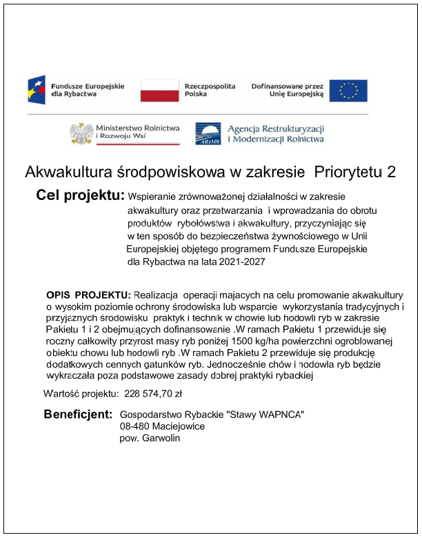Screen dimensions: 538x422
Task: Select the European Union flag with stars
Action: [x=348, y=90]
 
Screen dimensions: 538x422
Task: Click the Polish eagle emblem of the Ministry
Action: [x=82, y=132]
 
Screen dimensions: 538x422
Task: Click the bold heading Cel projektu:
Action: [x=80, y=195]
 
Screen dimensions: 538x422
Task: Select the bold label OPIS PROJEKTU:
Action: [x=88, y=295]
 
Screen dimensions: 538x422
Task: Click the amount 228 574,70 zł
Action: [x=153, y=394]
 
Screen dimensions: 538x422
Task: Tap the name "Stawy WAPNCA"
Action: [x=265, y=415]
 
